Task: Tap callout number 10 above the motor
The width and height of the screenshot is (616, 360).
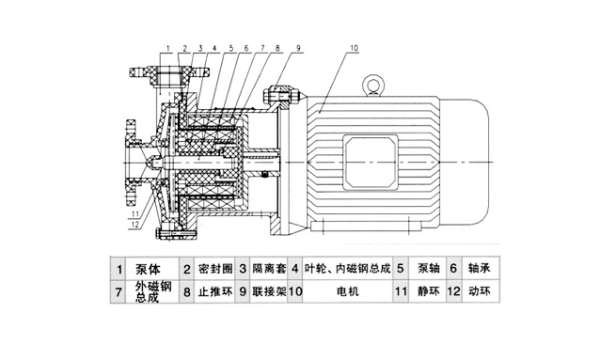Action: (354, 48)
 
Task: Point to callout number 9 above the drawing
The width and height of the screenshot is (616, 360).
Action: (298, 48)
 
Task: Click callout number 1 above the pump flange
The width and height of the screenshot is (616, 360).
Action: (167, 48)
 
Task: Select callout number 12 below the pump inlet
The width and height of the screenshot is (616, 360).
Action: (134, 224)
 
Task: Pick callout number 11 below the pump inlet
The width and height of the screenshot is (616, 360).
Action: (134, 214)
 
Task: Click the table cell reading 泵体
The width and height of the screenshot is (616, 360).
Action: (148, 270)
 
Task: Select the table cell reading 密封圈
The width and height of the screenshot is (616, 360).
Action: (215, 269)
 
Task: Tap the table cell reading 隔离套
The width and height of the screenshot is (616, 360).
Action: (270, 269)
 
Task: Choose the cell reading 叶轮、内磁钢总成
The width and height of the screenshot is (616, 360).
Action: (347, 269)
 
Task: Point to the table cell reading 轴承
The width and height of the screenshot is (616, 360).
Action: (480, 269)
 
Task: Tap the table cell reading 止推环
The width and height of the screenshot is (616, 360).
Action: (215, 291)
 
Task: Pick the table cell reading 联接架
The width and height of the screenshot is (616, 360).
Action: (270, 291)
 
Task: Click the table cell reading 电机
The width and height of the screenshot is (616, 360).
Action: (348, 291)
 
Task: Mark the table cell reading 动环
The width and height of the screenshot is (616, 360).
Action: (480, 291)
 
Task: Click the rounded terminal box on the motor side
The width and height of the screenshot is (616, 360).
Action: (371, 162)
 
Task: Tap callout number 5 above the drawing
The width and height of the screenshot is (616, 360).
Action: (231, 48)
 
